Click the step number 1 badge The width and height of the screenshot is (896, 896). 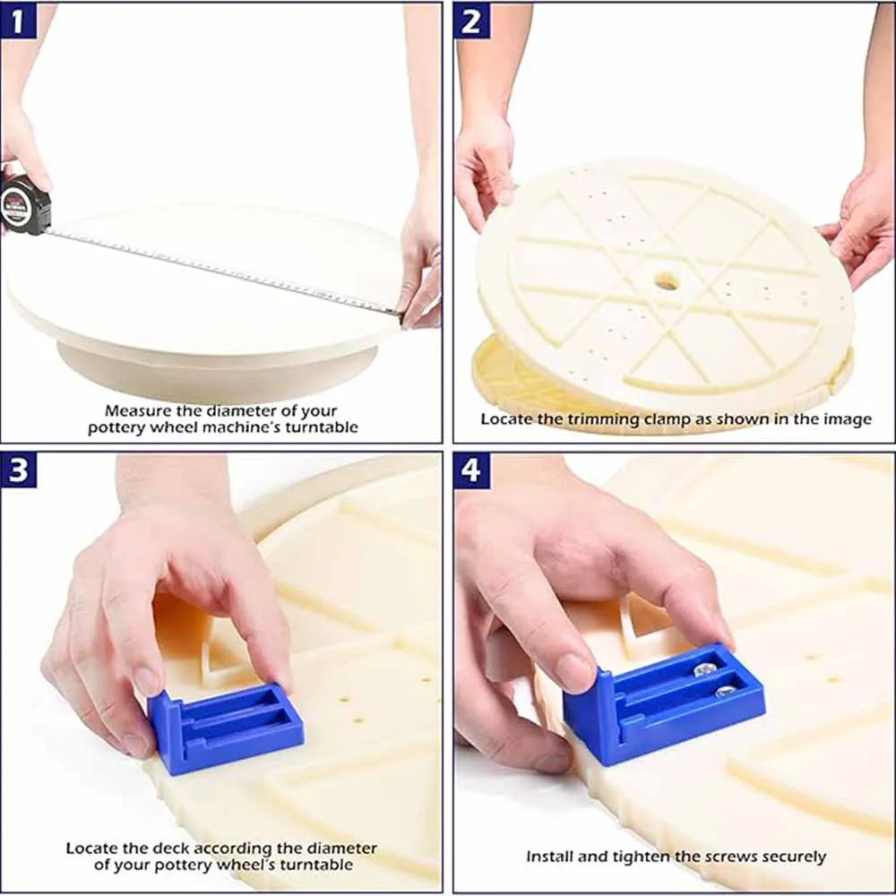pyautogui.click(x=18, y=22)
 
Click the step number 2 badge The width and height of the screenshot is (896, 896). pyautogui.click(x=471, y=22)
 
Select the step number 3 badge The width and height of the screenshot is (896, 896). pyautogui.click(x=18, y=470)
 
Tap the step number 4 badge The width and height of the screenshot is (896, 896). pyautogui.click(x=471, y=470)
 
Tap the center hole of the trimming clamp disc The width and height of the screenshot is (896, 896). pyautogui.click(x=667, y=281)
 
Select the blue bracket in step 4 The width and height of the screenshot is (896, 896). pyautogui.click(x=663, y=702)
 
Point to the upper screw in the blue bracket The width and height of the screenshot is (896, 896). pyautogui.click(x=705, y=669)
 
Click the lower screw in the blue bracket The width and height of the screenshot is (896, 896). pyautogui.click(x=725, y=692)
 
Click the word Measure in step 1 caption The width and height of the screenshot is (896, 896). pyautogui.click(x=138, y=410)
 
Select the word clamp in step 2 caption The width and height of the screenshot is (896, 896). pyautogui.click(x=668, y=419)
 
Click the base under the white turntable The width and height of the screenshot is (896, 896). pyautogui.click(x=217, y=372)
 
